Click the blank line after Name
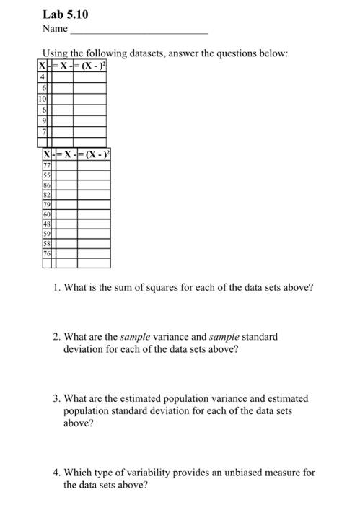pos(139,30)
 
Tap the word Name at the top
pos(54,29)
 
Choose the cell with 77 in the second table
pos(48,164)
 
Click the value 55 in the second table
pos(48,175)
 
